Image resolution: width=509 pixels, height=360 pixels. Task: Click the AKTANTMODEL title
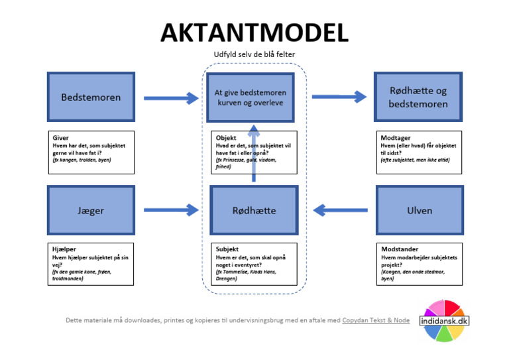(x=254, y=32)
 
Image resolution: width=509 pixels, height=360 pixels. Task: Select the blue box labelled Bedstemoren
(x=91, y=97)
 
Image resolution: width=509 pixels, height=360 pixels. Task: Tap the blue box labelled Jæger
(x=91, y=210)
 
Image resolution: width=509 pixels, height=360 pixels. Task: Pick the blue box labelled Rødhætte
(x=254, y=210)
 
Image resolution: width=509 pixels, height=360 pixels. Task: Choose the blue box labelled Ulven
(x=419, y=210)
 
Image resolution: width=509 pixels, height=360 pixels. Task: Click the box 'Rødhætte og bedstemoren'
(x=419, y=97)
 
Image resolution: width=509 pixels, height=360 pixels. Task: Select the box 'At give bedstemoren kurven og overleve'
(x=250, y=98)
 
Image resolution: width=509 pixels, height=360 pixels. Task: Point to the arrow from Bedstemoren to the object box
(x=171, y=98)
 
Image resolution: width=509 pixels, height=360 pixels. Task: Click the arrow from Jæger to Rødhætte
(x=171, y=210)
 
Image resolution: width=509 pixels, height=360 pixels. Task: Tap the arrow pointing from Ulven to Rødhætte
(x=340, y=210)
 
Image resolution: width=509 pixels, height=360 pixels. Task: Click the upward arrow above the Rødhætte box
(x=254, y=152)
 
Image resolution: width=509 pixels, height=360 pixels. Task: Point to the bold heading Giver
(x=60, y=138)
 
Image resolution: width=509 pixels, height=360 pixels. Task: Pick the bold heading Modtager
(x=395, y=138)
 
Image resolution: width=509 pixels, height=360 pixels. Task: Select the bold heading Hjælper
(x=64, y=249)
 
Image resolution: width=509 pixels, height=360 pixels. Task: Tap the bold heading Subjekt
(x=227, y=249)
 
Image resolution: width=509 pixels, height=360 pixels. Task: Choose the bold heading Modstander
(x=399, y=249)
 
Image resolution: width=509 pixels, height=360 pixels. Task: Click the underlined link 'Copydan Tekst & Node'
(x=376, y=320)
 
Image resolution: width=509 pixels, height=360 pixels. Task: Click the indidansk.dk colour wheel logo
(x=444, y=320)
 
